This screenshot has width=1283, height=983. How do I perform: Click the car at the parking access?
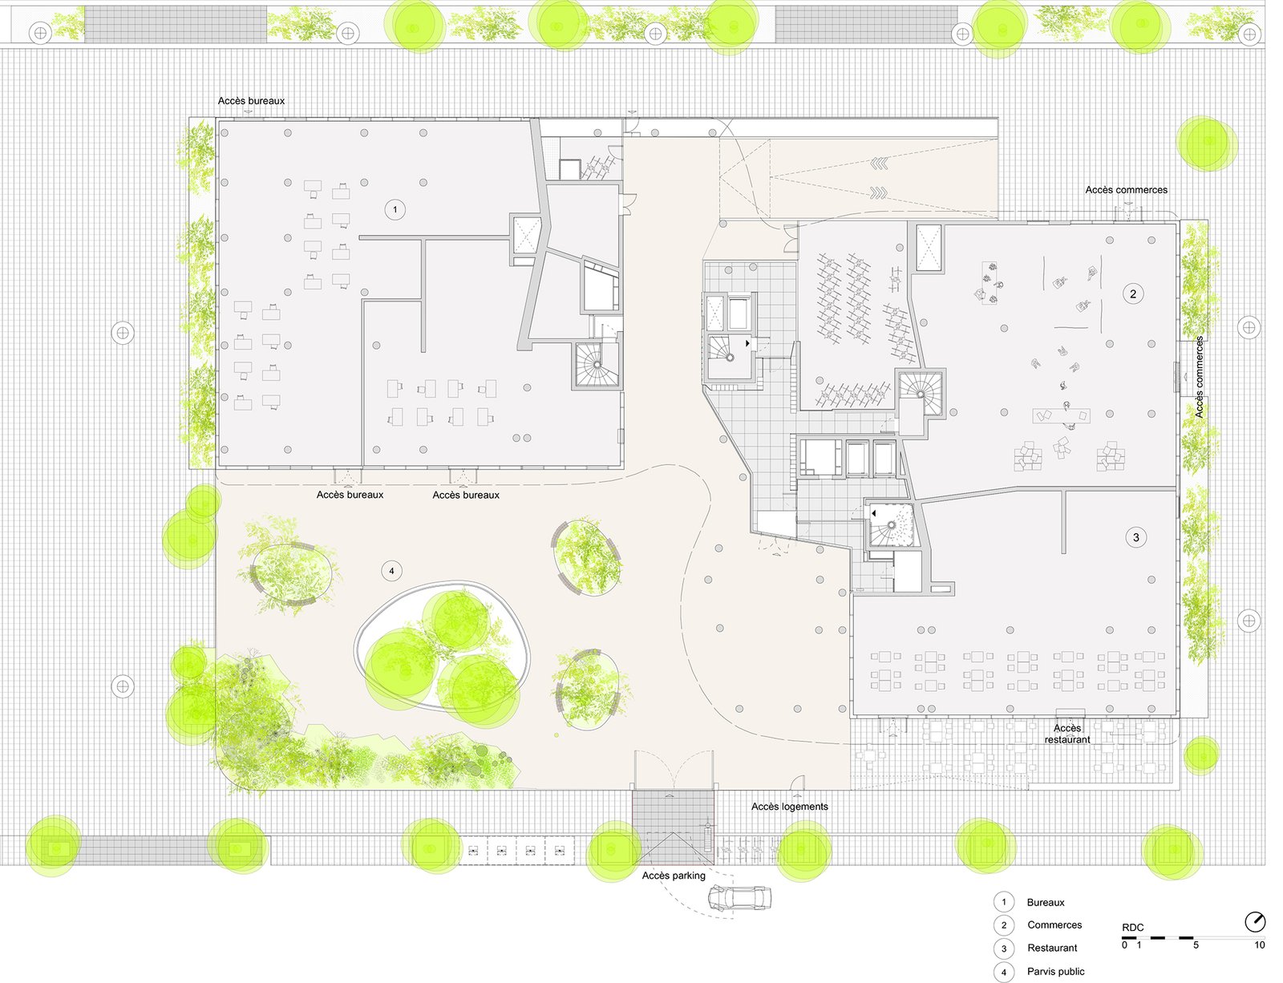click(x=739, y=898)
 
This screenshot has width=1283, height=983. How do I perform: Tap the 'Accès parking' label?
click(x=674, y=876)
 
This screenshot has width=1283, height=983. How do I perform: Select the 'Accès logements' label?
click(x=789, y=807)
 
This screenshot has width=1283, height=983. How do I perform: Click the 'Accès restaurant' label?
click(x=1067, y=734)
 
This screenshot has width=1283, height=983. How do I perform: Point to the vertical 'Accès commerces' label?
click(x=1199, y=377)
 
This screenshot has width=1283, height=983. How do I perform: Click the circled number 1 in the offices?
click(x=395, y=209)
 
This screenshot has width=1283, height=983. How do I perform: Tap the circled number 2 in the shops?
click(x=1132, y=294)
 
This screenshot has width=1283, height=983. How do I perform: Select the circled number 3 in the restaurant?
click(x=1136, y=538)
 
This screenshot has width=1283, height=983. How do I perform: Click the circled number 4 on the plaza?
click(x=391, y=571)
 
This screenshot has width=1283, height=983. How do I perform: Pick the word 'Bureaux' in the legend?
click(x=1046, y=903)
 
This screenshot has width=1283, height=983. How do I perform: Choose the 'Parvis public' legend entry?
click(x=1056, y=971)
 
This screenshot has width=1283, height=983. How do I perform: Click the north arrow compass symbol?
click(x=1255, y=921)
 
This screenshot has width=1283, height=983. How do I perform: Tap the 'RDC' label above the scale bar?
click(x=1132, y=928)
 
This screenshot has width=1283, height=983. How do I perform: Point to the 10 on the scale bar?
click(x=1260, y=945)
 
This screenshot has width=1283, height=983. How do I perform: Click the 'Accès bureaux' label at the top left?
click(x=251, y=101)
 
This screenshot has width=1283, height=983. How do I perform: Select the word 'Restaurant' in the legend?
click(x=1052, y=948)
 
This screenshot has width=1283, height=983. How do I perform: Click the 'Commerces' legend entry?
click(x=1054, y=925)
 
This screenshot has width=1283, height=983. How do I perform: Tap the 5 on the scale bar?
click(x=1196, y=945)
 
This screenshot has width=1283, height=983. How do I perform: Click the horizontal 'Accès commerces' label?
click(x=1126, y=190)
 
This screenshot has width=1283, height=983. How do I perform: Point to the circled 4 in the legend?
click(x=1004, y=972)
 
